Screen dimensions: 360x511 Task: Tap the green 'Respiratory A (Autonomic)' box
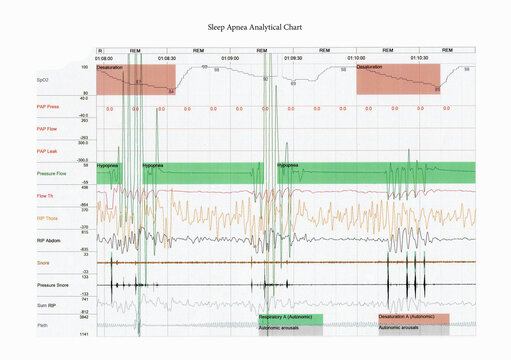coord(290,318)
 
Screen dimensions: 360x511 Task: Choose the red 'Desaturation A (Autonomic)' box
coord(413,318)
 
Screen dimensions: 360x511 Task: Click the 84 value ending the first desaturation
coord(171,91)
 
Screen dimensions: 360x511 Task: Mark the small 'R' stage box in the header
coord(100,49)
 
